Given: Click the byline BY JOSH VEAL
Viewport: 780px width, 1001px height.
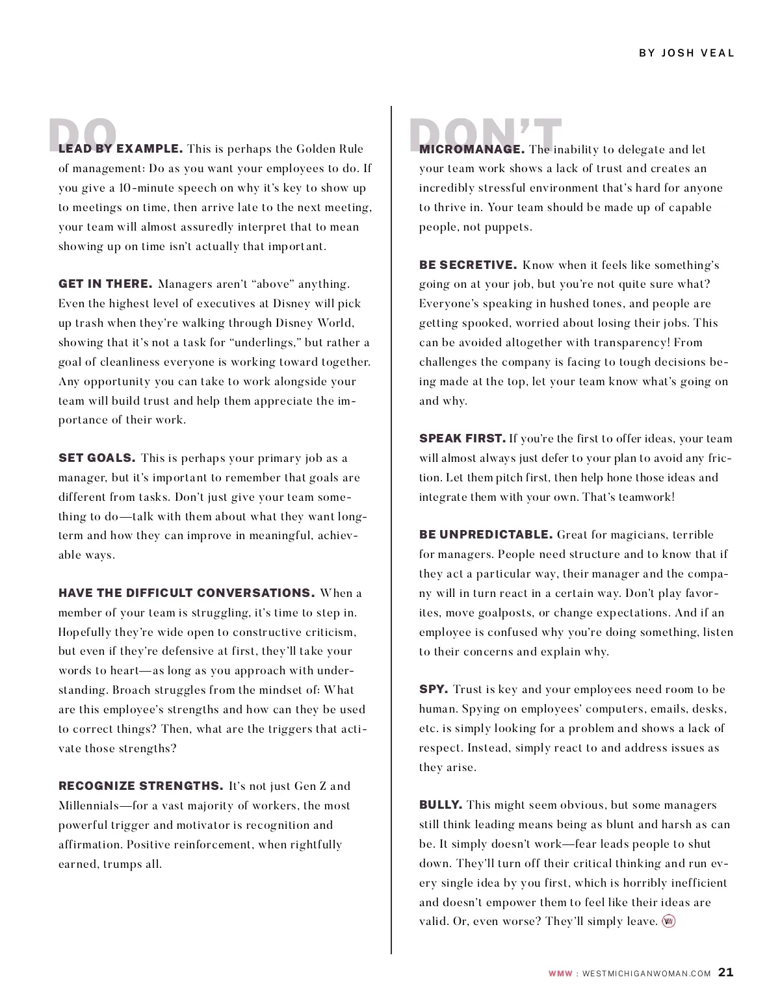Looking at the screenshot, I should pyautogui.click(x=686, y=53).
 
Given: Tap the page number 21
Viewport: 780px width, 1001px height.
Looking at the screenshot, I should pyautogui.click(x=725, y=972).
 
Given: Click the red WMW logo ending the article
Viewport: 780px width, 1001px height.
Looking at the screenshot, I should pyautogui.click(x=668, y=921).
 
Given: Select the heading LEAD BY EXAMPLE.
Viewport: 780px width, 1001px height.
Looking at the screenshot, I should pyautogui.click(x=120, y=149).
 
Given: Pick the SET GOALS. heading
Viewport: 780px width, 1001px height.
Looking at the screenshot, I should pyautogui.click(x=97, y=458).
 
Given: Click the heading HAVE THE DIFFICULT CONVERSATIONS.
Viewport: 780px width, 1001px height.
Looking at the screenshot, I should pyautogui.click(x=187, y=593).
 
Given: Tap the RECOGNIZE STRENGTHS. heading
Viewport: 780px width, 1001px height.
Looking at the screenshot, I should pyautogui.click(x=141, y=786).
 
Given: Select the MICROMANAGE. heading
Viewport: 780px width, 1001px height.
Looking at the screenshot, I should pyautogui.click(x=472, y=149).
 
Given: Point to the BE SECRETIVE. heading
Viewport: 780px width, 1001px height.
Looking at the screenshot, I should pyautogui.click(x=468, y=265).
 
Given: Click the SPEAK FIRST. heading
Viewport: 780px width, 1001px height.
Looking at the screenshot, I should pyautogui.click(x=462, y=438).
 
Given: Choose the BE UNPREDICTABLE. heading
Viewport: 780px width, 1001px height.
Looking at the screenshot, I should pyautogui.click(x=486, y=535).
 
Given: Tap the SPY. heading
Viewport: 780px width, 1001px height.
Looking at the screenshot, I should pyautogui.click(x=434, y=689).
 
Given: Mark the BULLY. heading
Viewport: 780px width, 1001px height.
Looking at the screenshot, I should pyautogui.click(x=441, y=805).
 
